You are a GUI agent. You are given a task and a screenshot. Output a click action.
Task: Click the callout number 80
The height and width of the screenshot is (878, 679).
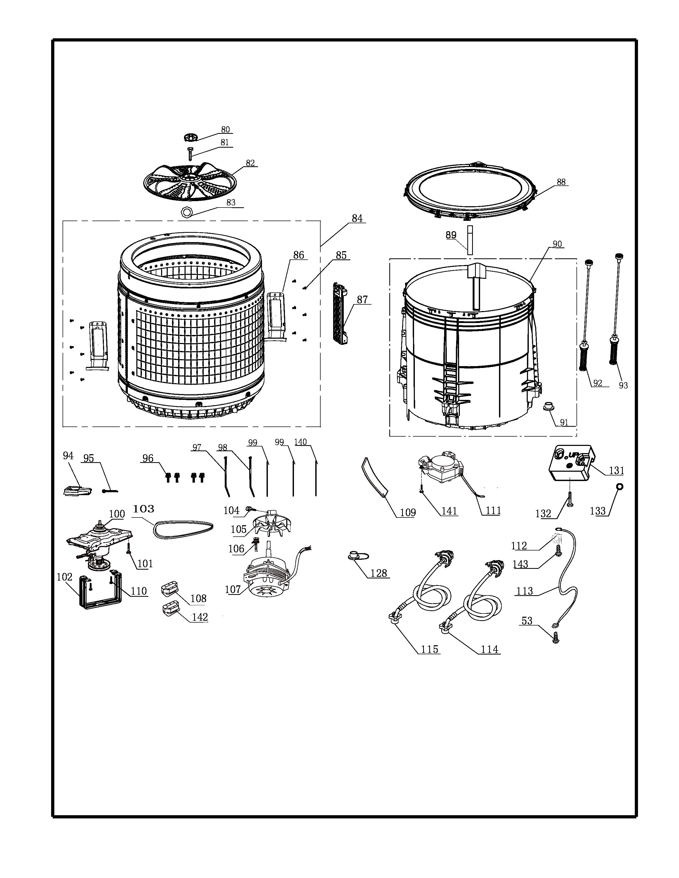[225, 130]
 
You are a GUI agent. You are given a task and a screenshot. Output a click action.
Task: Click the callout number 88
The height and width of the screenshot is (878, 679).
[561, 182]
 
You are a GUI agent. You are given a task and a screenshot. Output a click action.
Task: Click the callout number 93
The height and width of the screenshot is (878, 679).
[623, 385]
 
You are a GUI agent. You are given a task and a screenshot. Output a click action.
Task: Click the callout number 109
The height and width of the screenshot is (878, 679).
[407, 513]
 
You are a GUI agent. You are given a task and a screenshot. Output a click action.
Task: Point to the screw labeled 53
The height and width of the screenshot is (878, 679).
[555, 637]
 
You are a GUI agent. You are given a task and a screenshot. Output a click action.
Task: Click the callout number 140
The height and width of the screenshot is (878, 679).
[300, 442]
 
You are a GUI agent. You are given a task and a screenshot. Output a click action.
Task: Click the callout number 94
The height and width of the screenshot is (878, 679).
[68, 455]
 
